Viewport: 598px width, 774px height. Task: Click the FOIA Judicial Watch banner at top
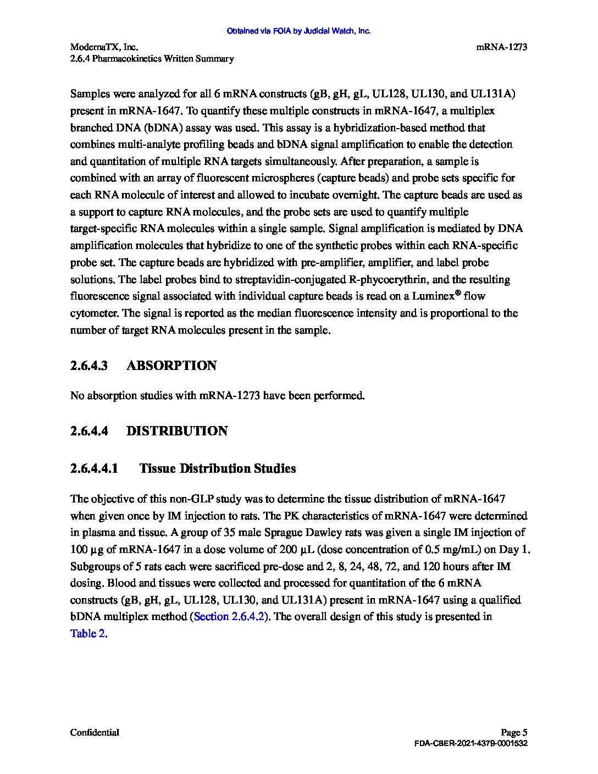tap(298, 31)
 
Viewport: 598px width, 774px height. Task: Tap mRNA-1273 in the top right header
tap(501, 47)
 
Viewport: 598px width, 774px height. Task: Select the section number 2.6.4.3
tap(89, 366)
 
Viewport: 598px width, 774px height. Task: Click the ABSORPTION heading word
tap(171, 366)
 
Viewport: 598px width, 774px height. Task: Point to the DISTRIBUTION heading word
tap(177, 431)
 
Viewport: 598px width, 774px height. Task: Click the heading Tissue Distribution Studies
tap(218, 468)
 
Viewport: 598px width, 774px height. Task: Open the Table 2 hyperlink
tap(87, 633)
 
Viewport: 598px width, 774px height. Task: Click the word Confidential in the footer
tap(95, 732)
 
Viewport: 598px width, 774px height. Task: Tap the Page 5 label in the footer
tap(514, 732)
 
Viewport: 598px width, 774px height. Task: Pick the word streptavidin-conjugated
tap(285, 279)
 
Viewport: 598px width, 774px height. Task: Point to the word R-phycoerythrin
tap(376, 279)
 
